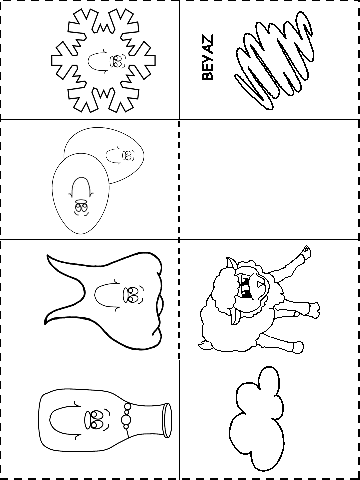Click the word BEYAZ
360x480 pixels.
(207, 57)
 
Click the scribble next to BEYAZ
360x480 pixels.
(274, 61)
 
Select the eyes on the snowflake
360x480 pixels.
(117, 61)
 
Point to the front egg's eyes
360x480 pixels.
(81, 207)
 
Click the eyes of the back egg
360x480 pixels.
(127, 155)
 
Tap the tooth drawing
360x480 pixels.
(104, 301)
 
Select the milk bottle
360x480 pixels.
(105, 420)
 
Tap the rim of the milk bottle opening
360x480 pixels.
(166, 420)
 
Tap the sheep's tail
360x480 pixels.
(203, 345)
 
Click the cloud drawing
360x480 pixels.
(257, 419)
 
